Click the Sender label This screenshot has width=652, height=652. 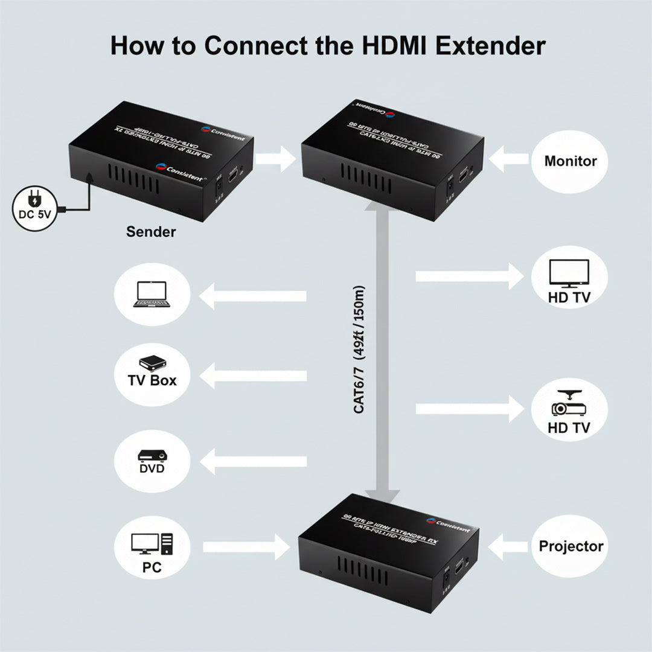coord(151,232)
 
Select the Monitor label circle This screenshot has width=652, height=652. coord(570,161)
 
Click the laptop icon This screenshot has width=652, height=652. coord(152,294)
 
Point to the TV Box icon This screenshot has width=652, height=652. coord(152,362)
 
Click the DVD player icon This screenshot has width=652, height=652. coord(152,455)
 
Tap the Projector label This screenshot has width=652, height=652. coord(570,546)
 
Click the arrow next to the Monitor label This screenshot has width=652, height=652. coord(510,161)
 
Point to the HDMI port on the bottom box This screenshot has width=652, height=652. coord(459,567)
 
